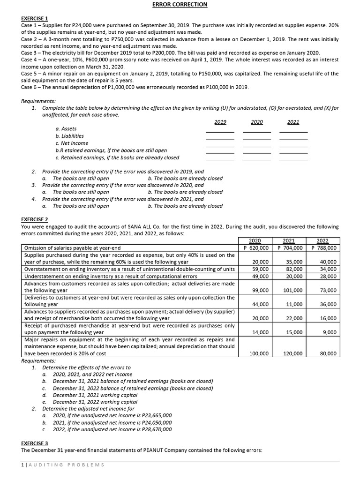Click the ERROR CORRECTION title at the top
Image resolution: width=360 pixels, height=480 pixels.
(180, 5)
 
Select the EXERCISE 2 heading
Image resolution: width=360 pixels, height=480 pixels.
(35, 219)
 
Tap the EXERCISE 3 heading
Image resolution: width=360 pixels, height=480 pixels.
(35, 443)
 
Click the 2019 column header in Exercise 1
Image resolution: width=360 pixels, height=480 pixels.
(220, 122)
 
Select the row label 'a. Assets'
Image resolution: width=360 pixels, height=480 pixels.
(66, 129)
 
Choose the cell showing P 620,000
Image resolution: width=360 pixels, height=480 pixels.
(256, 248)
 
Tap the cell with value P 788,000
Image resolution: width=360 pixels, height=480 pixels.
(323, 248)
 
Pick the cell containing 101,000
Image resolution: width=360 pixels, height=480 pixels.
(292, 290)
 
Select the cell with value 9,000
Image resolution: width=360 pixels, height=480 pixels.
(330, 332)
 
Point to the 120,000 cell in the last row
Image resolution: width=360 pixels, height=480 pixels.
(292, 353)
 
